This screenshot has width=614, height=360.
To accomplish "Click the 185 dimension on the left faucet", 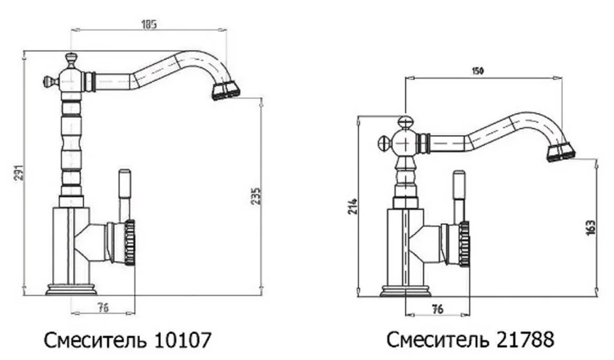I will pyautogui.click(x=149, y=25).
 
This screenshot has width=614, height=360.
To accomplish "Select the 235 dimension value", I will pyautogui.click(x=258, y=195).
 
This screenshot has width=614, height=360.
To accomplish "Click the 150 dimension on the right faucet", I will pyautogui.click(x=478, y=71).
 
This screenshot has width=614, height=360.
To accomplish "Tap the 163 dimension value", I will pyautogui.click(x=592, y=229).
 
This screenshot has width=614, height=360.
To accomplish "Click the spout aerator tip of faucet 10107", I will pyautogui.click(x=225, y=92).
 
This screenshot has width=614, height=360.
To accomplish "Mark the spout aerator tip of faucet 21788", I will pyautogui.click(x=561, y=152).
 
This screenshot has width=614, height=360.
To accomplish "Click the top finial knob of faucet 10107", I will pyautogui.click(x=71, y=59).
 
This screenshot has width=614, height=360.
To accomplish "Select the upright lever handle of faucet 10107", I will pyautogui.click(x=124, y=187).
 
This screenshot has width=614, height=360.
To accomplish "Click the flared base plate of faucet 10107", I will pyautogui.click(x=71, y=289).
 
